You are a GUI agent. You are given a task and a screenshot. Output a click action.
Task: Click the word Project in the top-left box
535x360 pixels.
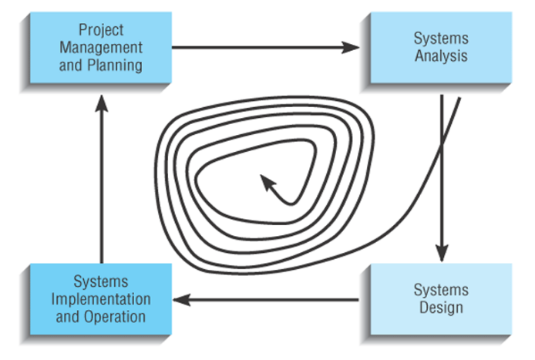[101, 30]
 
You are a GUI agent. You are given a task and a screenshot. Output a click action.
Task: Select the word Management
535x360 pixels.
[101, 48]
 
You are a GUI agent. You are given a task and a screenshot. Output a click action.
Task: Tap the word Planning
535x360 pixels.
[115, 66]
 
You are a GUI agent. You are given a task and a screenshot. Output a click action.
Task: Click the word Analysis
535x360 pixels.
[441, 56]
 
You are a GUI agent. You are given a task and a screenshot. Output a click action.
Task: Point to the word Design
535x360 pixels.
[441, 308]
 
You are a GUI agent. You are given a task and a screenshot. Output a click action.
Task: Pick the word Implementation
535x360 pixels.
[101, 299]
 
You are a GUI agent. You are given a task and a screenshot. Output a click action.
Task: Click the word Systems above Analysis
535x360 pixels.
[441, 39]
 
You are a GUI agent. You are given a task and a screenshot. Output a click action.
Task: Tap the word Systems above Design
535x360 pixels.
[441, 290]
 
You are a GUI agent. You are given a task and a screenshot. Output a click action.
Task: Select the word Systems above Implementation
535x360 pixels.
[101, 282]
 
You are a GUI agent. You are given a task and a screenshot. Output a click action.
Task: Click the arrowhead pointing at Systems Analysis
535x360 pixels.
[351, 48]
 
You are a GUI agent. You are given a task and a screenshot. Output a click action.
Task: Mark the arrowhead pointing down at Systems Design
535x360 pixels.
[442, 253]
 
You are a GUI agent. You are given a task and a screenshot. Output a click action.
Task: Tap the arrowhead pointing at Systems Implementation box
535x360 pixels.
[181, 300]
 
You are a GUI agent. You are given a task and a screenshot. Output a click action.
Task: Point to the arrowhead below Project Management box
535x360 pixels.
[101, 103]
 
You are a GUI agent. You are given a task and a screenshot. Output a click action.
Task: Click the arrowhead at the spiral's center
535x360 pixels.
[267, 181]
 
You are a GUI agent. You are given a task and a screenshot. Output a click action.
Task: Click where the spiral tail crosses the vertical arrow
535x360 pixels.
[442, 145]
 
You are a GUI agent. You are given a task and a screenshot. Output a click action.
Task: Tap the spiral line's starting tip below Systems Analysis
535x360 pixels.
[459, 98]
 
